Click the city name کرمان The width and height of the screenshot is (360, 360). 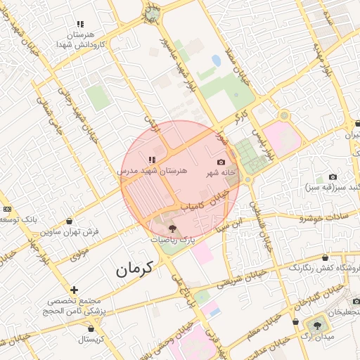[x=134, y=269]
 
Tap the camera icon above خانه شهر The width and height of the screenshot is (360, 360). [x=221, y=162]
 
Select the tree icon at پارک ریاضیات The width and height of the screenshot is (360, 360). [x=173, y=229]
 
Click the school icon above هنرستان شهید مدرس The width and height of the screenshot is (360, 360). [x=152, y=160]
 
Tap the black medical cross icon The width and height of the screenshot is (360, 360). [x=74, y=290]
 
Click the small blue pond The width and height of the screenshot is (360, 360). [x=216, y=61]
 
